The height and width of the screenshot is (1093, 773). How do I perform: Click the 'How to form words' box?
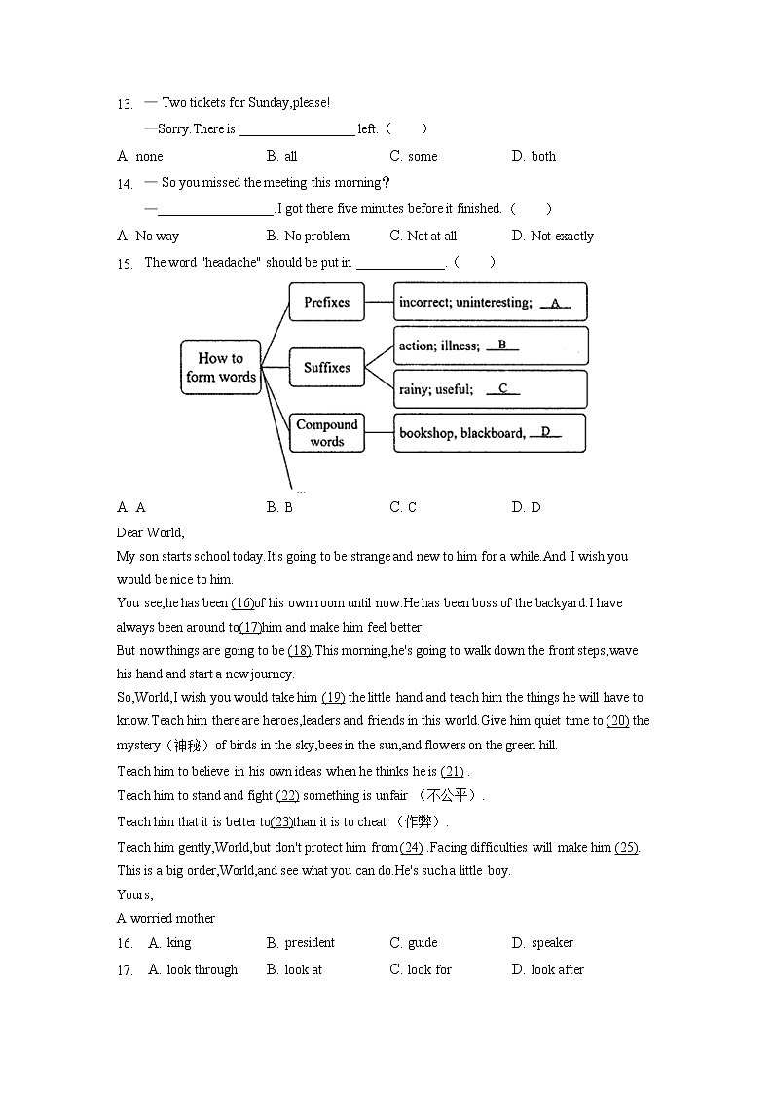pos(221,367)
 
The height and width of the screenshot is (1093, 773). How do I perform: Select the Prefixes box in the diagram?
pos(326,302)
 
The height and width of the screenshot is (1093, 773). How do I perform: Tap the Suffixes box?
pos(326,368)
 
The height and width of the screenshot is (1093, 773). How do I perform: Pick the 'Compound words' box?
pos(326,432)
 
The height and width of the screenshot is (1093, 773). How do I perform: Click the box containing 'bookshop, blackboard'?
pos(490,433)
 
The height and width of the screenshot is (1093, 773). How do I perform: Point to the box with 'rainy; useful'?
pos(490,389)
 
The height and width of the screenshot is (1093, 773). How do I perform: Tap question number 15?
pos(124,263)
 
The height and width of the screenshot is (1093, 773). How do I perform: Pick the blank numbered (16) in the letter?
pos(242,603)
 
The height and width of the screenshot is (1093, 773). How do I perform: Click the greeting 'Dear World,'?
pos(150,532)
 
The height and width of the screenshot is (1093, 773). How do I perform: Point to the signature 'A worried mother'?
pos(166,918)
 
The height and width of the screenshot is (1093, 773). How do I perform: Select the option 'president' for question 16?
pos(309,942)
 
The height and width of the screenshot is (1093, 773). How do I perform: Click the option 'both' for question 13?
pos(543,156)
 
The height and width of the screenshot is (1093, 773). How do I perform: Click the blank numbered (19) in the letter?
pos(333,698)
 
